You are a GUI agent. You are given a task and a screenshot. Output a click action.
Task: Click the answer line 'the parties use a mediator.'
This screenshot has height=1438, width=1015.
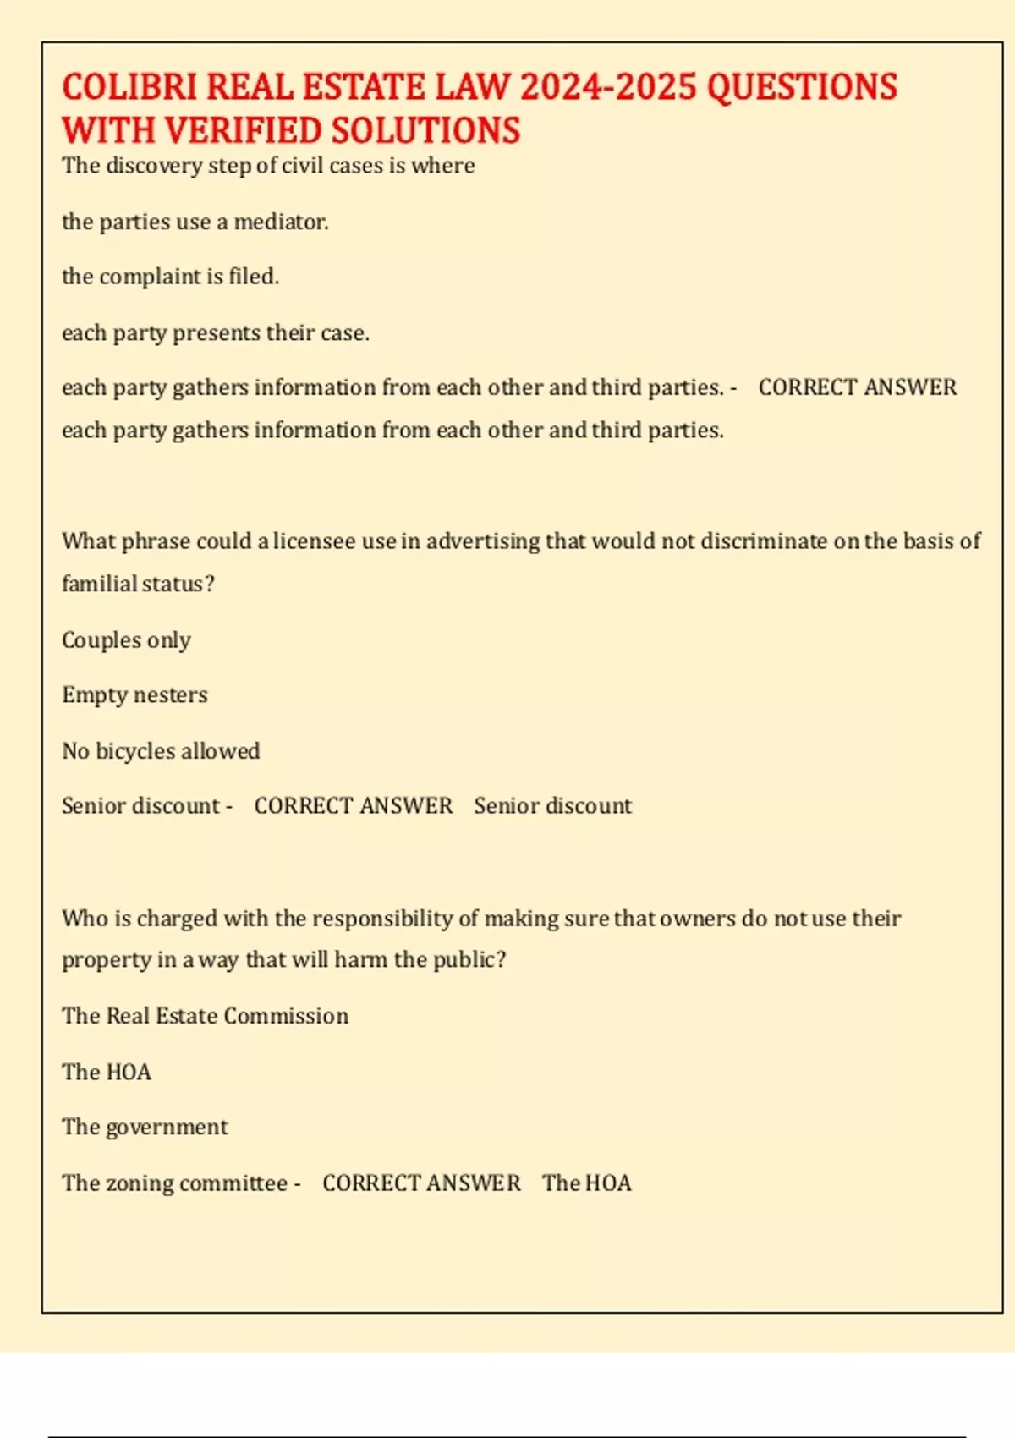click(195, 222)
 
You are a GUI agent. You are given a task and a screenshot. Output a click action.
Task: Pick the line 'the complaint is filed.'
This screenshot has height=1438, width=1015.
click(170, 277)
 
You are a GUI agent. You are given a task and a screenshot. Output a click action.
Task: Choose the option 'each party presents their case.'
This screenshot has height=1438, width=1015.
click(216, 332)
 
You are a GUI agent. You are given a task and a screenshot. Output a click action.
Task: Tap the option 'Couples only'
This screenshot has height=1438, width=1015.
click(126, 640)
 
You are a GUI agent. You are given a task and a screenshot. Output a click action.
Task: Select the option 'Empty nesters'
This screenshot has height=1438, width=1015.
click(134, 695)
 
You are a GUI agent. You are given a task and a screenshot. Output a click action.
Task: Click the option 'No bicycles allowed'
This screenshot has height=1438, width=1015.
click(161, 751)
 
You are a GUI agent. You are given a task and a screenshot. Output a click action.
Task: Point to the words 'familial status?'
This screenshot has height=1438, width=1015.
click(138, 584)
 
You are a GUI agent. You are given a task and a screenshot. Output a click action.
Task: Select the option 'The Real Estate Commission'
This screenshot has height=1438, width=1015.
click(205, 1016)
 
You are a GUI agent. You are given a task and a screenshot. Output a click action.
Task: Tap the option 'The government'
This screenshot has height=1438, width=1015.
click(145, 1128)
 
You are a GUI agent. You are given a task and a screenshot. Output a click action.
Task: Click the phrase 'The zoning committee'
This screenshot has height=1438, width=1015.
click(174, 1183)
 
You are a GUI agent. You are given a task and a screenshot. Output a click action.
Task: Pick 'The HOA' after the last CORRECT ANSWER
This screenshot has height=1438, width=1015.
click(587, 1183)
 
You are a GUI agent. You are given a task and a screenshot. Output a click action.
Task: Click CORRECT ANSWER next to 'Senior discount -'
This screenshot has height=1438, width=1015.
click(354, 806)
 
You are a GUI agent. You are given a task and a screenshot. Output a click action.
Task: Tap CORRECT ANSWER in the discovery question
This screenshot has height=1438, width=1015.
click(857, 388)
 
